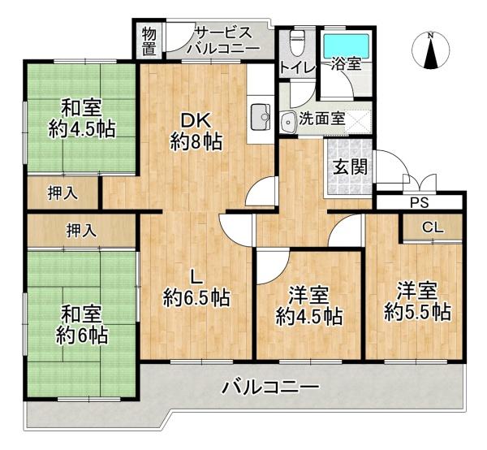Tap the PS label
pos(420,203)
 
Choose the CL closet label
pos(432,228)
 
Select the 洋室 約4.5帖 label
pos(308,304)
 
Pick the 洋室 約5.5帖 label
pos(417,300)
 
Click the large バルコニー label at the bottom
pos(270,387)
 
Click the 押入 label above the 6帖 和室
pos(81,231)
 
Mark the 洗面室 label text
pos(321,118)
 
